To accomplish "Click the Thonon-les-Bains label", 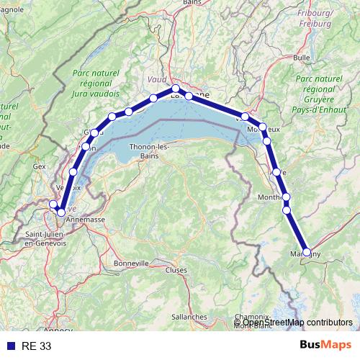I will (149, 150).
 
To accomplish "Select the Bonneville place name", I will (130, 264).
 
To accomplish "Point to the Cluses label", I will (176, 271).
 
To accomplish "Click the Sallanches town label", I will (190, 316).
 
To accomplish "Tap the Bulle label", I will (302, 57).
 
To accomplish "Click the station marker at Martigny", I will (307, 253).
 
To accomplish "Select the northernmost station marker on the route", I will (175, 89).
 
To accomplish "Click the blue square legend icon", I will (10, 346).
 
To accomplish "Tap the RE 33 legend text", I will (36, 346).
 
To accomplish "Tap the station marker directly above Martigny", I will (287, 210).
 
